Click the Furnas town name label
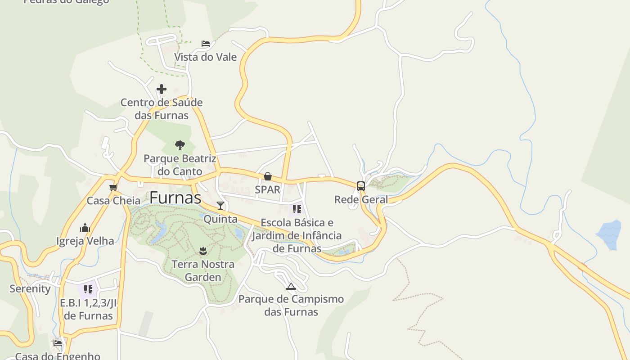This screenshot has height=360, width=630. [175, 198]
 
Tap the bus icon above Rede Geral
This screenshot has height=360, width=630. [360, 186]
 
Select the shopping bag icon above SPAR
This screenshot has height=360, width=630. [268, 176]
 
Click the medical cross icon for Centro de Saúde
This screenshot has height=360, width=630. [162, 89]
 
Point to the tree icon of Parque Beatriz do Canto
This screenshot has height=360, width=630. [180, 145]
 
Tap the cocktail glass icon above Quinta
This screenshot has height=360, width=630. [220, 206]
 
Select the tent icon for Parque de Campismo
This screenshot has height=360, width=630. [291, 286]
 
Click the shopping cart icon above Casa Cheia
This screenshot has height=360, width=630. [113, 187]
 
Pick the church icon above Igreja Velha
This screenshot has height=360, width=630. [85, 228]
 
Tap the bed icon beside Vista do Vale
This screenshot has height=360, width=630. [206, 44]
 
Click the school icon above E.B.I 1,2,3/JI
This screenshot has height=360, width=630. [88, 289]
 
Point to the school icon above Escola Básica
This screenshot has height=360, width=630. [297, 209]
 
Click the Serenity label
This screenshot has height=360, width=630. [30, 288]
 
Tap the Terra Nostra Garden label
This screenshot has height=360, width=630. [203, 270]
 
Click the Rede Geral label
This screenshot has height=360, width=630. [361, 199]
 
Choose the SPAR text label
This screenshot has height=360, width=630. [268, 189]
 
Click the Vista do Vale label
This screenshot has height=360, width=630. [205, 57]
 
